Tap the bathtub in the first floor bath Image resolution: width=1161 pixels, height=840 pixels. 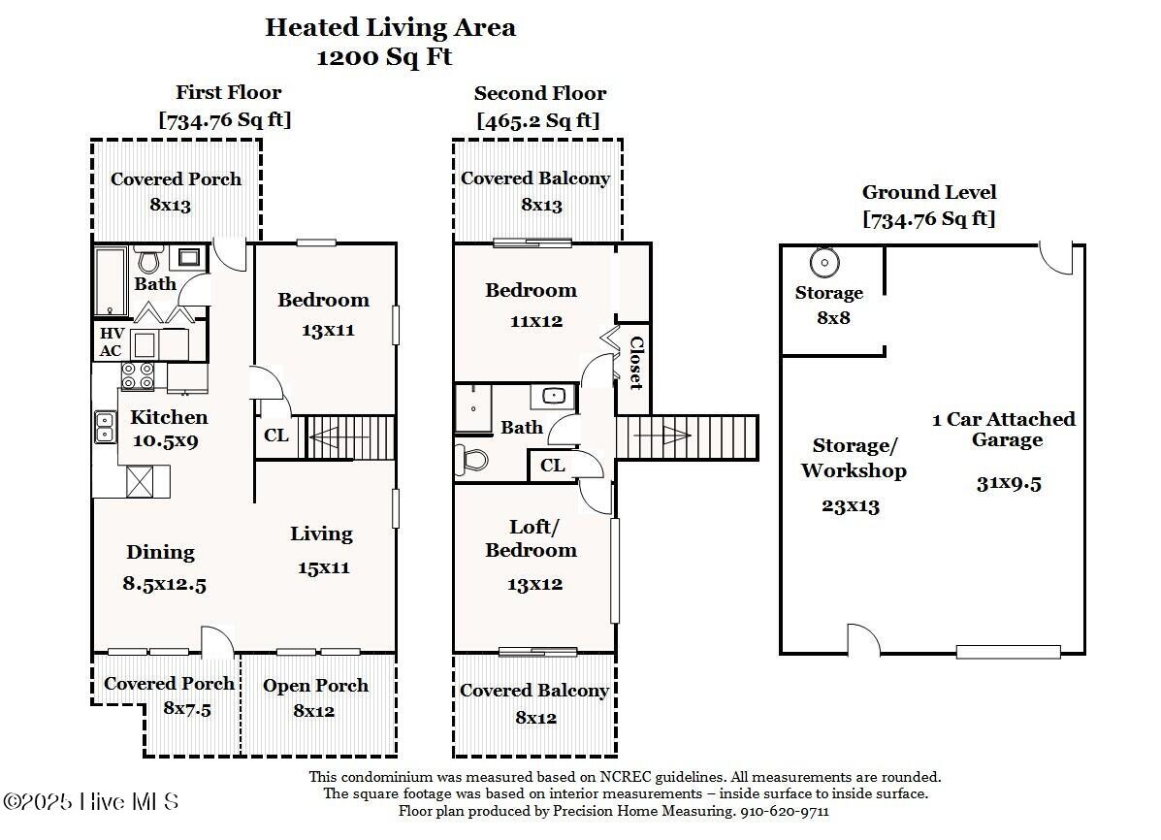pos(112,281)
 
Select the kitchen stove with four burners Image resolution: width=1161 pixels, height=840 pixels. pos(138,375)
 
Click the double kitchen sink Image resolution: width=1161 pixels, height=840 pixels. pos(105,427)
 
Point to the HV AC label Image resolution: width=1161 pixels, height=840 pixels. pos(112,342)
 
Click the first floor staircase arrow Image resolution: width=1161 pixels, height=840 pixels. pos(349,437)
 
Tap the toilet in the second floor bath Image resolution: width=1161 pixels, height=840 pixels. pos(471,459)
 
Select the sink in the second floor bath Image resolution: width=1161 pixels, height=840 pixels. pos(553,397)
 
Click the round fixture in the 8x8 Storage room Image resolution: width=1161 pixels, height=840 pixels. pos(824,262)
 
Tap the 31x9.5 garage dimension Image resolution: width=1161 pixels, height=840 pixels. pos(1009,484)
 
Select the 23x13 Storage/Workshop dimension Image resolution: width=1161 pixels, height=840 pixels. pos(850,506)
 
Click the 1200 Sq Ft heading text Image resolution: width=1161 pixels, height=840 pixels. pos(384,57)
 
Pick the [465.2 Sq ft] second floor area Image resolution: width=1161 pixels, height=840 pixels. pos(538,120)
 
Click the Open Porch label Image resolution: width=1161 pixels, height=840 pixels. pos(315,686)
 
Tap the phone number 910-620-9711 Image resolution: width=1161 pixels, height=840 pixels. pos(785,811)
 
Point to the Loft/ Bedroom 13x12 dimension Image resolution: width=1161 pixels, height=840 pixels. pos(534,585)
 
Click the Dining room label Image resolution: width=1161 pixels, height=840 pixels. pos(160,553)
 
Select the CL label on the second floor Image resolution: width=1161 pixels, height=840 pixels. pos(552,466)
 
